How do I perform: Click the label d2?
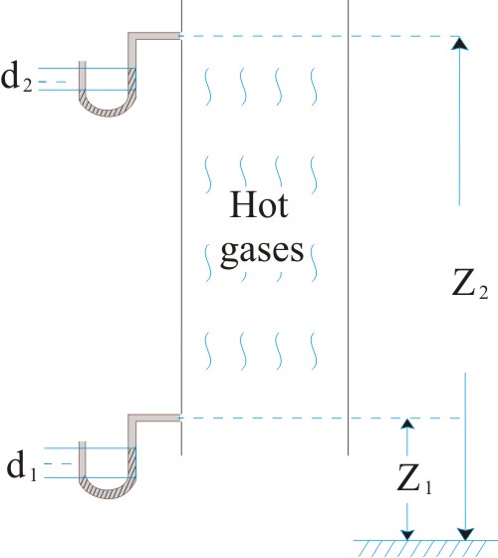17,79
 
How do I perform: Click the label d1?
22,466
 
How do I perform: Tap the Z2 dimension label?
469,284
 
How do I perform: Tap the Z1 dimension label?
414,479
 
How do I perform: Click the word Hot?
259,204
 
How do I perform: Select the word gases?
262,251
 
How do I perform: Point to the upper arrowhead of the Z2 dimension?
459,44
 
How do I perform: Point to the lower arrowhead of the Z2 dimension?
465,534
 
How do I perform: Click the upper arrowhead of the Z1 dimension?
407,423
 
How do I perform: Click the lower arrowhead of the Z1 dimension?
407,535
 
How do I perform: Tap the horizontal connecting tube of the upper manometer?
154,36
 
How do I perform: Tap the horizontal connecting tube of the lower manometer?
154,418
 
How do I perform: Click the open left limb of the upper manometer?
82,76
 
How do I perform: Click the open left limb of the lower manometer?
82,459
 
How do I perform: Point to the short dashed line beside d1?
58,463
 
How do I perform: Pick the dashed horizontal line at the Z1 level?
320,418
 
